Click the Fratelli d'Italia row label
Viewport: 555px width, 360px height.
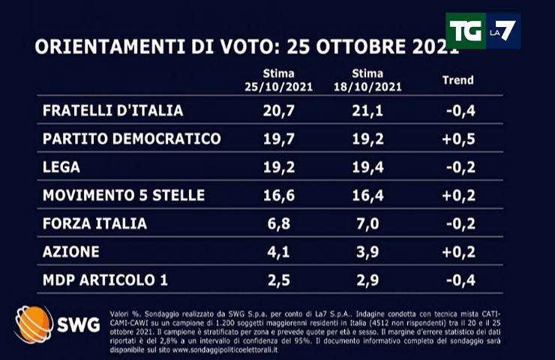click(x=113, y=110)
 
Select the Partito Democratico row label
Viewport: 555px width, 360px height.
click(x=132, y=139)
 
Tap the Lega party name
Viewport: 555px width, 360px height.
click(x=61, y=167)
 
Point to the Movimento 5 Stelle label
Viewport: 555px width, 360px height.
click(x=124, y=196)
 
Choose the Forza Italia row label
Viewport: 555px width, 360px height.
click(x=94, y=223)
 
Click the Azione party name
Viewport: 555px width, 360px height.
click(x=71, y=252)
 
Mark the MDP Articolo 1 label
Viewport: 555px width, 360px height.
click(x=105, y=280)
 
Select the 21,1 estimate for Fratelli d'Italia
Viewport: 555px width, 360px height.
click(x=367, y=110)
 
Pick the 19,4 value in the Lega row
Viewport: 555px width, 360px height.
click(x=367, y=167)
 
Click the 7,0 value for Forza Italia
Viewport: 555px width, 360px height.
click(x=367, y=223)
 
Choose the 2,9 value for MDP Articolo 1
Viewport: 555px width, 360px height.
click(x=367, y=280)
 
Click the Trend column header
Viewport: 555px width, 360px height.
click(x=457, y=80)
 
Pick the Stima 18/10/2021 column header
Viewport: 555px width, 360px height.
click(x=367, y=80)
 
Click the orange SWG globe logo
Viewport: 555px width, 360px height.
click(x=34, y=324)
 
